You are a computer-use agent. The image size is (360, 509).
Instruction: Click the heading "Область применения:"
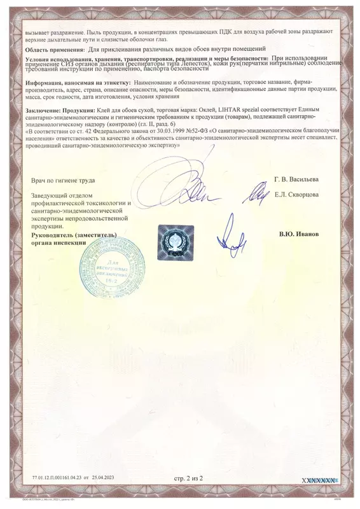click(53, 49)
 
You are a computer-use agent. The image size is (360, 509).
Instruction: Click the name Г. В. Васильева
click(297, 180)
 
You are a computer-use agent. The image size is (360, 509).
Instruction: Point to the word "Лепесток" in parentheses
click(204, 65)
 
